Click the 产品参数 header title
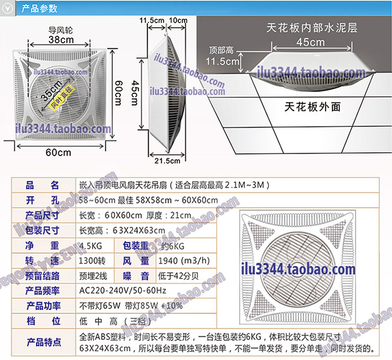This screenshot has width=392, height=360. coord(39,9)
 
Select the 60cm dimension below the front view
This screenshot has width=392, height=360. coord(58,153)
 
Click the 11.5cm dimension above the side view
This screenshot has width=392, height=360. coord(152,20)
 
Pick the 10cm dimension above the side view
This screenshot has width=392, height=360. coord(178,20)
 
